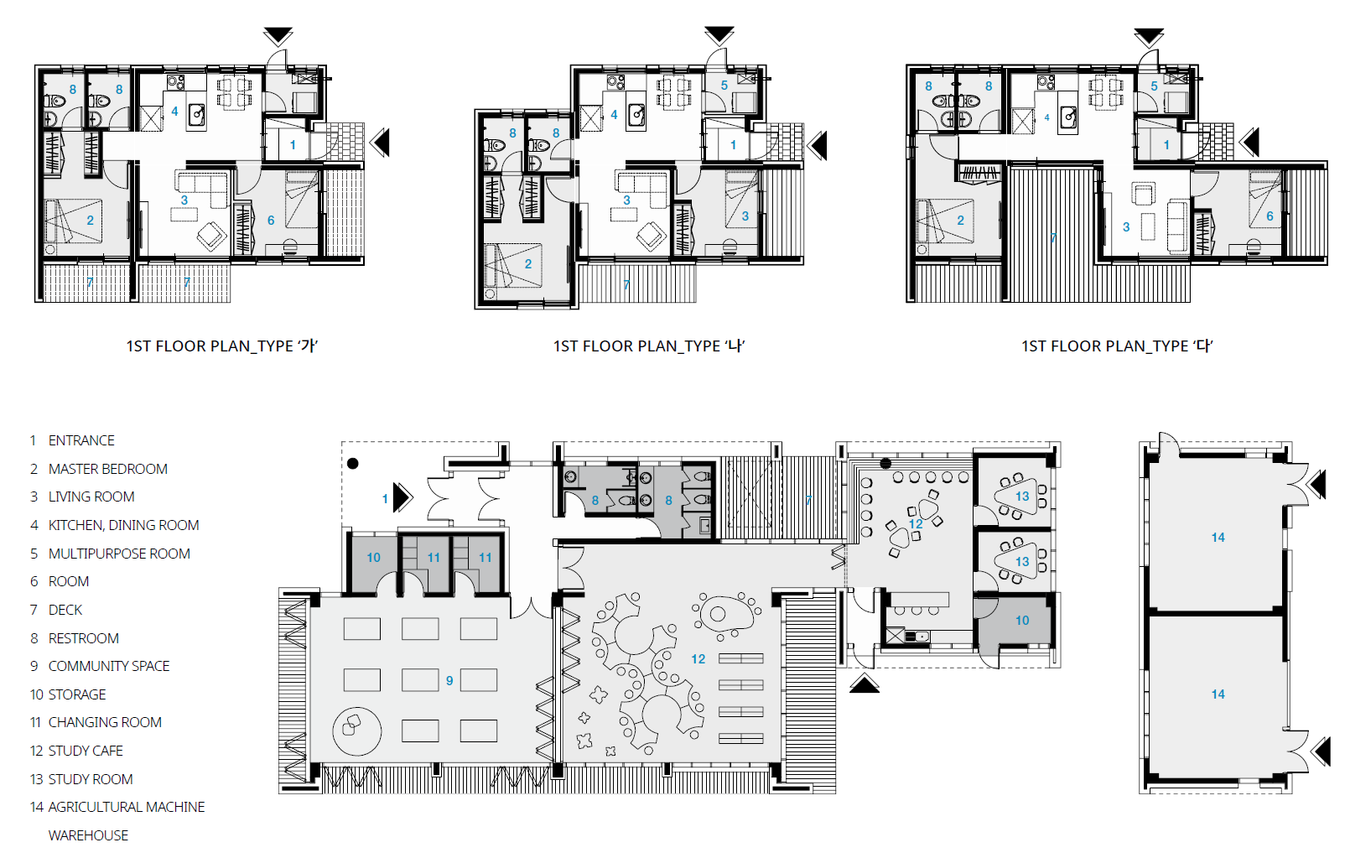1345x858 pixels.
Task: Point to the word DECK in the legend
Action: [x=65, y=610]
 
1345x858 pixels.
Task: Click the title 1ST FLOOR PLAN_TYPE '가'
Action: [x=221, y=346]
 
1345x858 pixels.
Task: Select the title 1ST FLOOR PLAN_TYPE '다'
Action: [x=1117, y=346]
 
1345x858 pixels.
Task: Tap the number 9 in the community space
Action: [x=449, y=681]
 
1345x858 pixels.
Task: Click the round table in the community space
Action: [x=356, y=731]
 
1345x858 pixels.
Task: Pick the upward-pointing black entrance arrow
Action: [x=864, y=684]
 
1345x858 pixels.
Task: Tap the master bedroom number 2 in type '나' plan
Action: [x=527, y=264]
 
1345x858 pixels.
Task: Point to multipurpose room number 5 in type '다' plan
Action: [x=1154, y=86]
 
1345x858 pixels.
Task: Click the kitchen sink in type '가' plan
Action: [x=196, y=115]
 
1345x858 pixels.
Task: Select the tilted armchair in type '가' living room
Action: [x=212, y=236]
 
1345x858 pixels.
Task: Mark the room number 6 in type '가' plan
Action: [x=271, y=221]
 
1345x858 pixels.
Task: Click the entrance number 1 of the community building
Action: [x=385, y=499]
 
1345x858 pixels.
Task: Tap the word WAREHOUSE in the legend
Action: [x=88, y=835]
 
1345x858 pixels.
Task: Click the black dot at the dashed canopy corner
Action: [x=353, y=464]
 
